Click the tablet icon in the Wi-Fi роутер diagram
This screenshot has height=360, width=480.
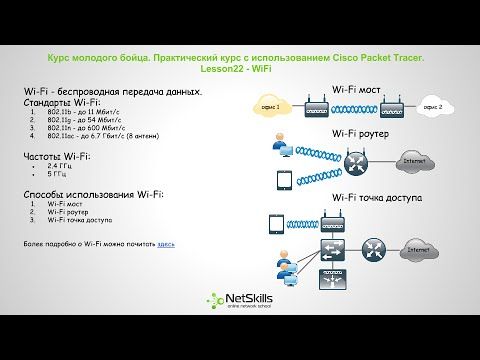[281, 181]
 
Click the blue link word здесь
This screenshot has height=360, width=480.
[166, 243]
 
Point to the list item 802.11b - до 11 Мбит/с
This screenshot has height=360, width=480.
[85, 112]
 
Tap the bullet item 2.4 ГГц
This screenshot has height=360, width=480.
[63, 168]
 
